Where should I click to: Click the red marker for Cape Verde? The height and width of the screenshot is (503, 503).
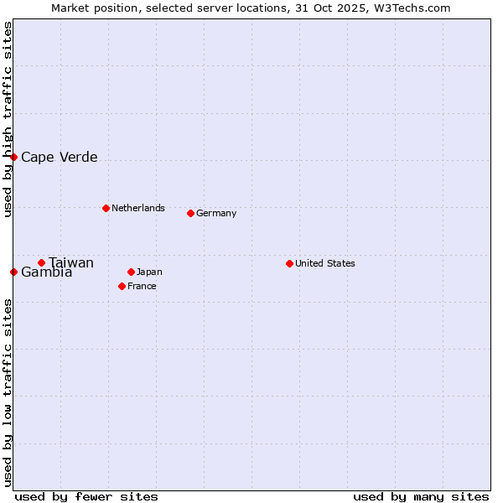13,157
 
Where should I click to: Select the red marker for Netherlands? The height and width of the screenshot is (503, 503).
106,208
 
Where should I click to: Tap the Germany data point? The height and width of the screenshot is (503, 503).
190,213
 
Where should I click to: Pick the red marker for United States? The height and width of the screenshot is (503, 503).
289,263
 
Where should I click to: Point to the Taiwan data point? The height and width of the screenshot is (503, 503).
41,262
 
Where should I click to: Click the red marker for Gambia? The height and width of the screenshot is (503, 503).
13,272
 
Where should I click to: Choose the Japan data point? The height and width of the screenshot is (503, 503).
131,272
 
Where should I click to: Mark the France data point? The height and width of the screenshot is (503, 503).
122,286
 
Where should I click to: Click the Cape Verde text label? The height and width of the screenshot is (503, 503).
59,157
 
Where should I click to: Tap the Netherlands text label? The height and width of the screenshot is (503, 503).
137,208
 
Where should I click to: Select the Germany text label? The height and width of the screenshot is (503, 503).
216,213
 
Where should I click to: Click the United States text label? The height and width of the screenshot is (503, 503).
324,263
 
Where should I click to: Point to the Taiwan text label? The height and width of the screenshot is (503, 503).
71,262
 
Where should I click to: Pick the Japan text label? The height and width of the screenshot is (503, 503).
149,272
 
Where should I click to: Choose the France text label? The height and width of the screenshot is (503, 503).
142,286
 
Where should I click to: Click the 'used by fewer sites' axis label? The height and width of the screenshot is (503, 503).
86,496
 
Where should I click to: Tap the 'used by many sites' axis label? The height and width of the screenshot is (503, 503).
421,496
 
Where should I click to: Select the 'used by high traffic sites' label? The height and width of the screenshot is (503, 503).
8,119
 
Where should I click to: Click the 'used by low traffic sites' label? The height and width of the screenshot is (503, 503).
8,392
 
